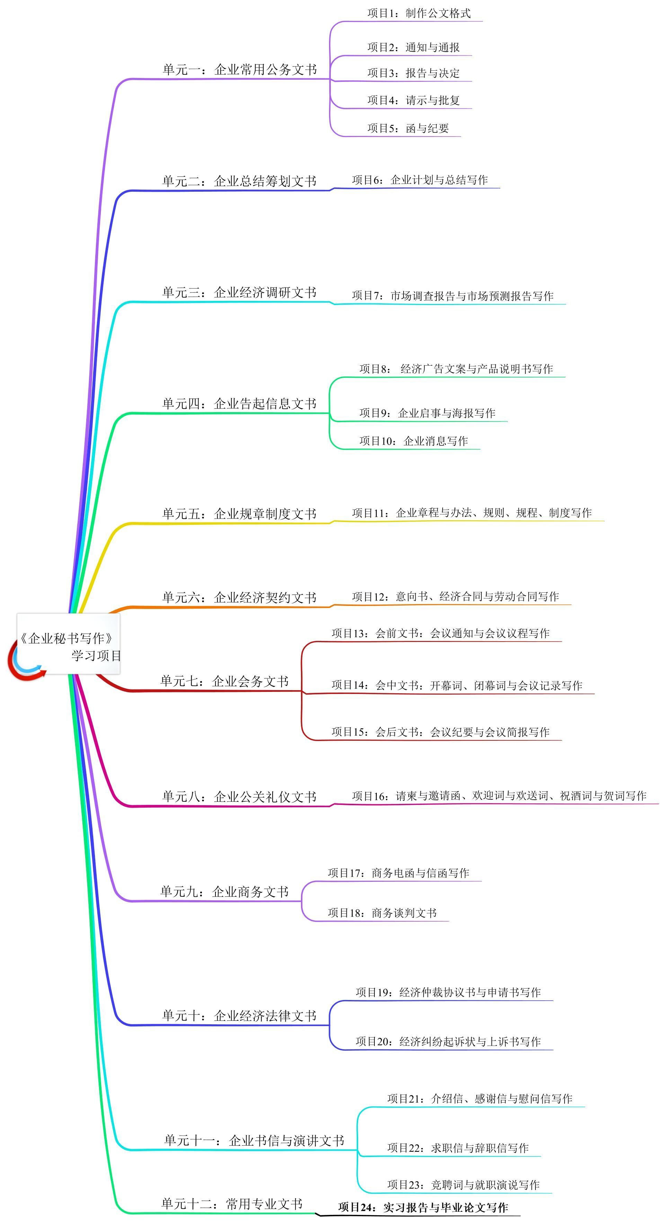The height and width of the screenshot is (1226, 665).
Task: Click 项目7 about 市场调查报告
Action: pyautogui.click(x=452, y=296)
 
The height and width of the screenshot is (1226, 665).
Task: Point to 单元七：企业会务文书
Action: pyautogui.click(x=224, y=681)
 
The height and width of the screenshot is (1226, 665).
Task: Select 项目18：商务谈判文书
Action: pyautogui.click(x=382, y=913)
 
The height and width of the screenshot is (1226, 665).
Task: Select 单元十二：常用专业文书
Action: pyautogui.click(x=232, y=1204)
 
